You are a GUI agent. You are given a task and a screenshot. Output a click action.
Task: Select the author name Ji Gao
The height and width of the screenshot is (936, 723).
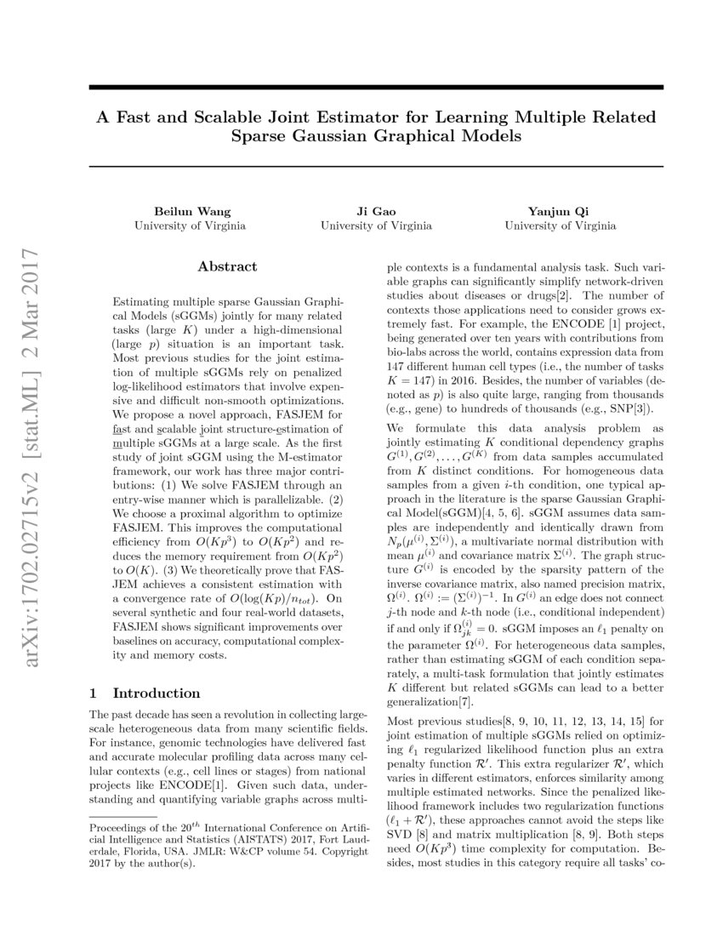click(x=375, y=210)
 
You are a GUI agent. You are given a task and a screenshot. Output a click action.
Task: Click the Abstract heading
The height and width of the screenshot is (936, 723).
click(x=227, y=266)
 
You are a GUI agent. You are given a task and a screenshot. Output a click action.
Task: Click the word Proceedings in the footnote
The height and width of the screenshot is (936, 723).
click(x=120, y=828)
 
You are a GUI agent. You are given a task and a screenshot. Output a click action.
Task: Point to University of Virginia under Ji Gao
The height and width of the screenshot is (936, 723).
click(x=375, y=225)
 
